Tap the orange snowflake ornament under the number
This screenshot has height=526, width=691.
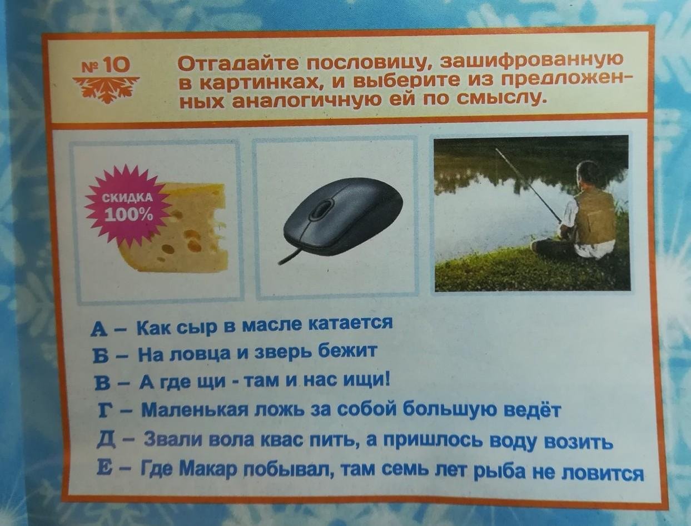coord(106,89)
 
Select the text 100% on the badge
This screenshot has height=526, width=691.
coord(130,215)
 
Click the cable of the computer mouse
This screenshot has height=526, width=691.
coord(293,255)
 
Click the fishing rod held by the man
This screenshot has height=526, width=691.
coord(529,187)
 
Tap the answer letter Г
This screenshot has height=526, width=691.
coord(101,410)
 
